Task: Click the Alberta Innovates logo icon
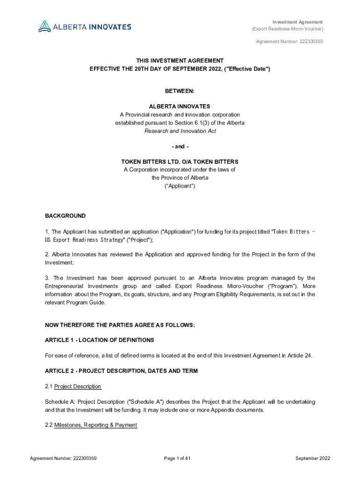click(44, 26)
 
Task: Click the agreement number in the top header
click(289, 42)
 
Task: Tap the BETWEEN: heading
click(180, 91)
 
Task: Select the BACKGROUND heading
click(65, 216)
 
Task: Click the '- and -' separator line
click(180, 146)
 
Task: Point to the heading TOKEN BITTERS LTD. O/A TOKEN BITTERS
click(180, 162)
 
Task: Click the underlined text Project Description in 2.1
click(78, 386)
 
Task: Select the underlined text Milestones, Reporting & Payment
click(95, 425)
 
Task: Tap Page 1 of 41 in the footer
click(177, 458)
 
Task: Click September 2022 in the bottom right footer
click(313, 458)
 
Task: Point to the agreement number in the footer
click(63, 458)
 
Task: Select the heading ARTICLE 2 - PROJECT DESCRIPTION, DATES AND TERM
click(121, 371)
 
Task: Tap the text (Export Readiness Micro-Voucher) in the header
click(287, 29)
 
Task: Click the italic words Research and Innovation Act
click(180, 131)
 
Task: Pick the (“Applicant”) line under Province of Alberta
click(180, 186)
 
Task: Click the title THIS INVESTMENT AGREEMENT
click(180, 61)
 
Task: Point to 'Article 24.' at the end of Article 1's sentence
click(302, 356)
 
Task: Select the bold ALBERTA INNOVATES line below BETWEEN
click(180, 107)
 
